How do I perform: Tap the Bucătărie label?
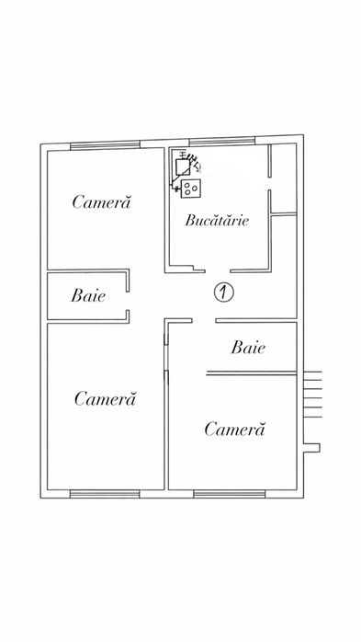[x=218, y=220]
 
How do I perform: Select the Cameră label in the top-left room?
[x=102, y=201]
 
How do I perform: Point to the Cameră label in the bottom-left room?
[x=105, y=398]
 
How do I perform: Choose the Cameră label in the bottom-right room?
[x=234, y=429]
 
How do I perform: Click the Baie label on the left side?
[x=87, y=296]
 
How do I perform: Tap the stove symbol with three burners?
[x=192, y=189]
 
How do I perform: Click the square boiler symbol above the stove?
[x=186, y=166]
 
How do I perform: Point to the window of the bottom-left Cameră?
[x=104, y=494]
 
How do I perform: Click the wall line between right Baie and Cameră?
[x=252, y=374]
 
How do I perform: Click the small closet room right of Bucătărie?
[x=282, y=175]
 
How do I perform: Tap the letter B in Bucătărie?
[x=189, y=220]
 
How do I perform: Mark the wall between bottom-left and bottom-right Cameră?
[x=165, y=414]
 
